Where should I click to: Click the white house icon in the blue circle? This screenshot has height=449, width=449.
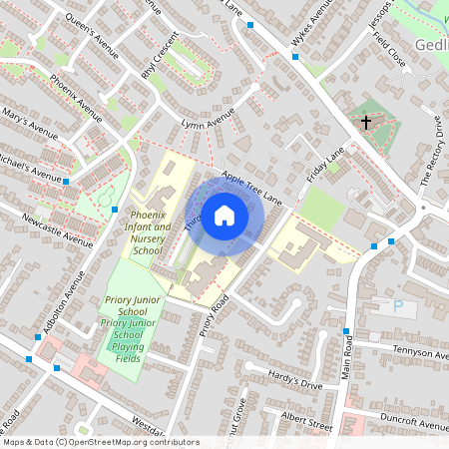[x=224, y=216]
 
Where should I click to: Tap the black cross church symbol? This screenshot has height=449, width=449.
[x=366, y=123]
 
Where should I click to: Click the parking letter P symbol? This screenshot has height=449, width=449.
[x=399, y=308]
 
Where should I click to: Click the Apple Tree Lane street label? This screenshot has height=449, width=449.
[x=252, y=188]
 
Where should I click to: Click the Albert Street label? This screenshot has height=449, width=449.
[x=306, y=419]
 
